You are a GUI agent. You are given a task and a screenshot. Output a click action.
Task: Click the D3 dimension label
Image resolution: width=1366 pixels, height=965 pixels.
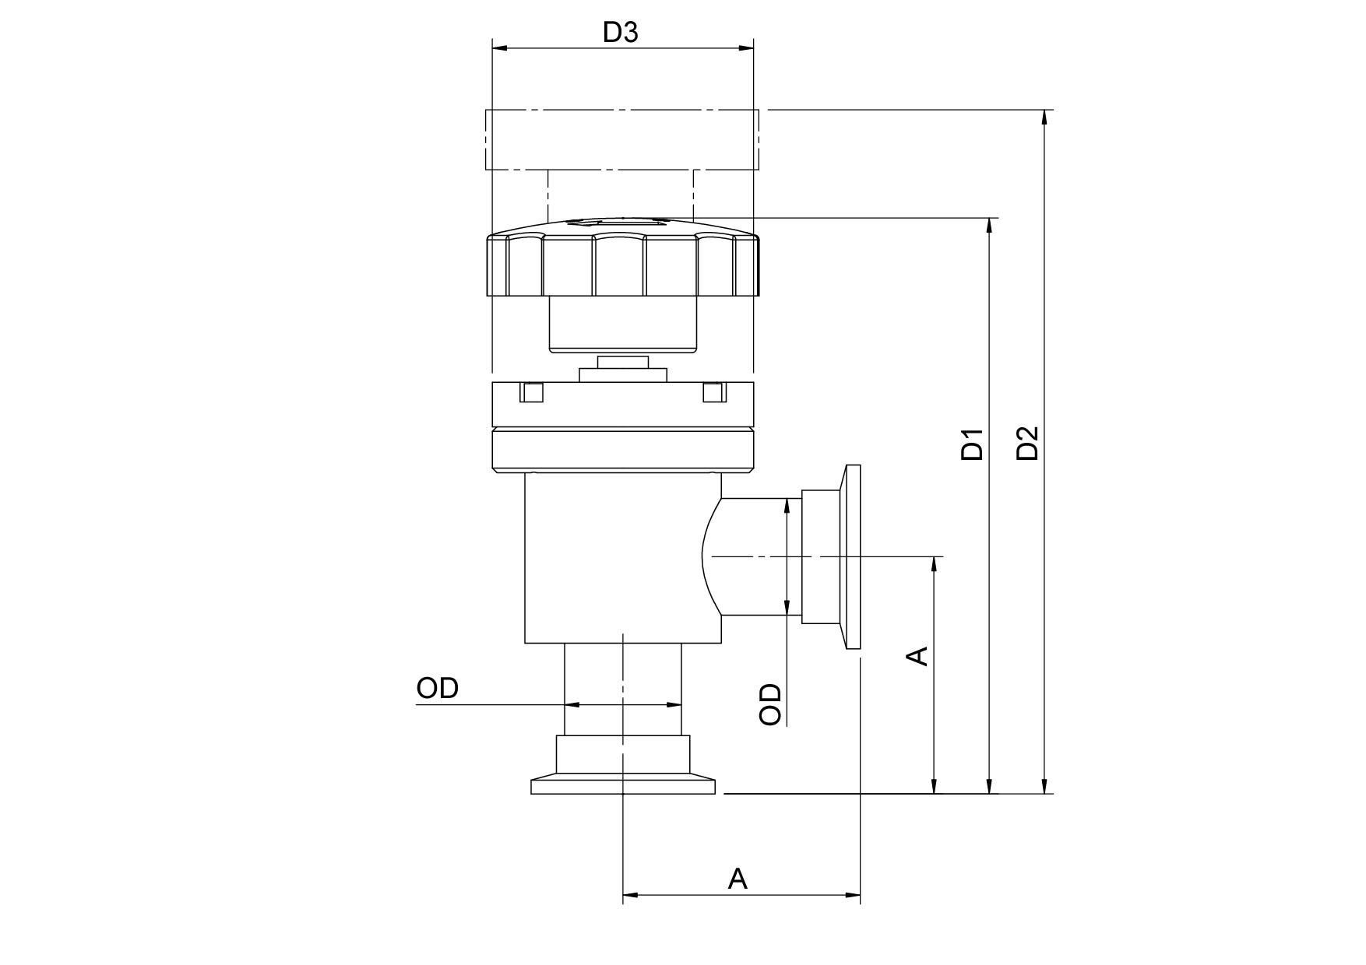[x=621, y=32]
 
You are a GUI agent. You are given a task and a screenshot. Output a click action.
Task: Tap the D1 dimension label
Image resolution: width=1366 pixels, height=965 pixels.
[x=972, y=444]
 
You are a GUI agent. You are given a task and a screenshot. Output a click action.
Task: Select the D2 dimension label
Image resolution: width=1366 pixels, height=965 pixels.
[x=1028, y=443]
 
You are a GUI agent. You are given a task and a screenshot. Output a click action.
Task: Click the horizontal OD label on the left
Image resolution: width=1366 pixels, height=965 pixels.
[x=438, y=688]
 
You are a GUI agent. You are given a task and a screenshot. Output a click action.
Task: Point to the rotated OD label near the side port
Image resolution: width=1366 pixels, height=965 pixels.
[x=770, y=704]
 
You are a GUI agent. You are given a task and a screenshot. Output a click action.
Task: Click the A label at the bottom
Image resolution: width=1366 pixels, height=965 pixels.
[x=738, y=879]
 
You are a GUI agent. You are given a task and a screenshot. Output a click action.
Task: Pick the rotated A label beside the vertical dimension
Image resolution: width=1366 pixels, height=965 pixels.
[x=919, y=655]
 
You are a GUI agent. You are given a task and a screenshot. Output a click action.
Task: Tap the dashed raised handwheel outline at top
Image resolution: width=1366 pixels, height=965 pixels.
[x=621, y=140]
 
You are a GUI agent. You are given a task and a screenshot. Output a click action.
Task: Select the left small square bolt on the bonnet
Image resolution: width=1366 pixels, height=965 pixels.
[x=531, y=392]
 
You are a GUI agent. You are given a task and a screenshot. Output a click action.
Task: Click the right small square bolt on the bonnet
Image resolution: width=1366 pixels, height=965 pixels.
[x=715, y=392]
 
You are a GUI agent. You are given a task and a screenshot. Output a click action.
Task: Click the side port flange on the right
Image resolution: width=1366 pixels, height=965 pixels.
[x=852, y=556]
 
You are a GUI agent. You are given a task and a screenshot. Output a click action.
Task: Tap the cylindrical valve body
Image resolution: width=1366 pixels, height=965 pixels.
[x=623, y=558]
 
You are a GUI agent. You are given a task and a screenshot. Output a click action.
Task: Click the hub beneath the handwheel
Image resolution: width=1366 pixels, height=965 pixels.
[x=623, y=324]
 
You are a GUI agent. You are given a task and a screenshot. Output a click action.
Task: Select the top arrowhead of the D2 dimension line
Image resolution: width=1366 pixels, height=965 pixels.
[x=1045, y=117]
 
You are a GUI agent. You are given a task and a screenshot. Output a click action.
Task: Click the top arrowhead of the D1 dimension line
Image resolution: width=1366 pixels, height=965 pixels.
[x=990, y=225]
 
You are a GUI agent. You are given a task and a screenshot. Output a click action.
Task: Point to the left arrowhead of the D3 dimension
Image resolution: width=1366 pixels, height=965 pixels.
[x=500, y=48]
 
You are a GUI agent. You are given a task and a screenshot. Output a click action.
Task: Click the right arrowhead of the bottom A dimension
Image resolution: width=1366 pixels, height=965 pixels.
[x=852, y=895]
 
